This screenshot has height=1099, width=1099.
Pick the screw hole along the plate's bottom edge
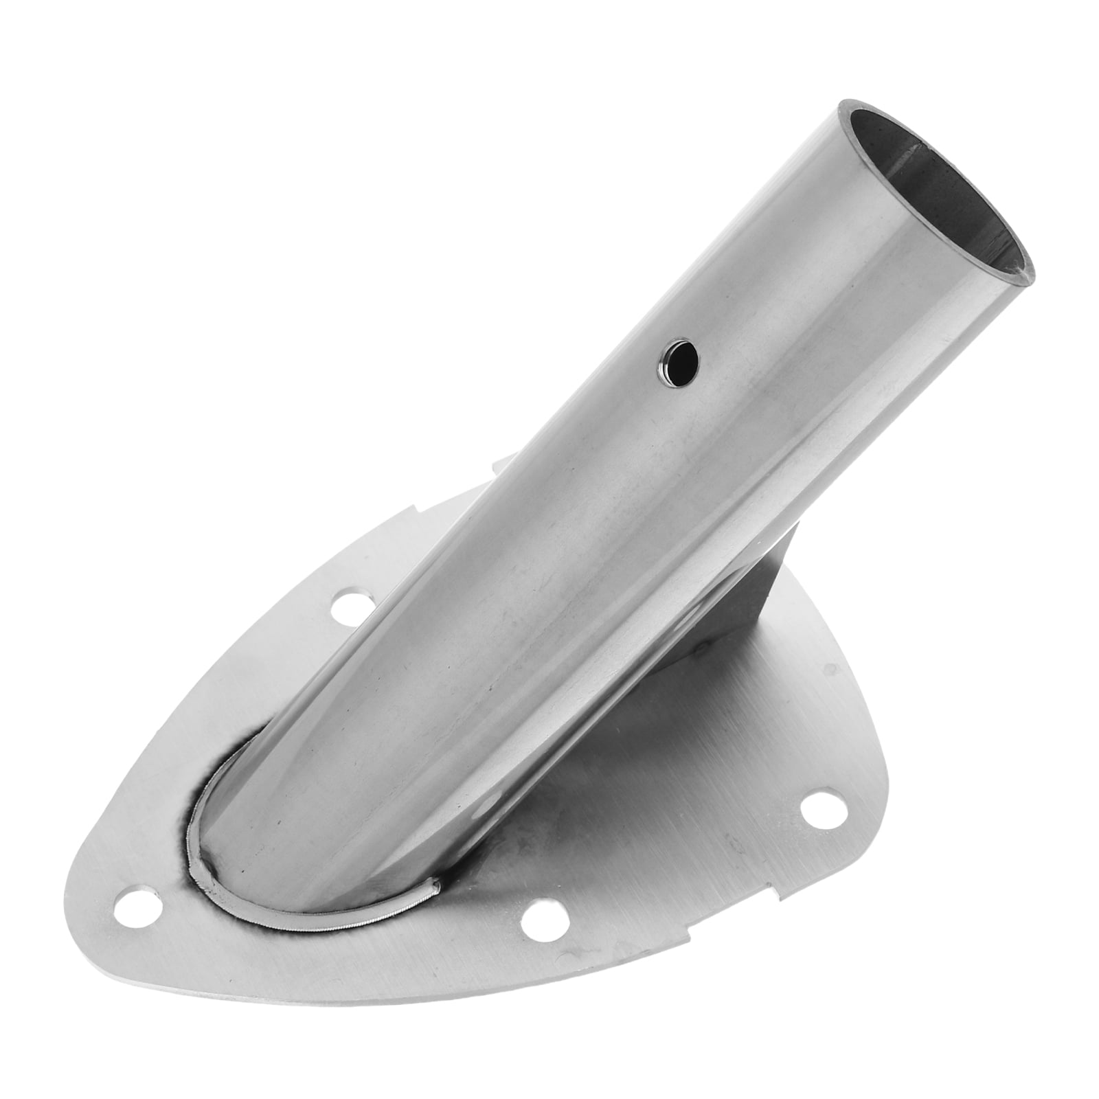click(x=541, y=929)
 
